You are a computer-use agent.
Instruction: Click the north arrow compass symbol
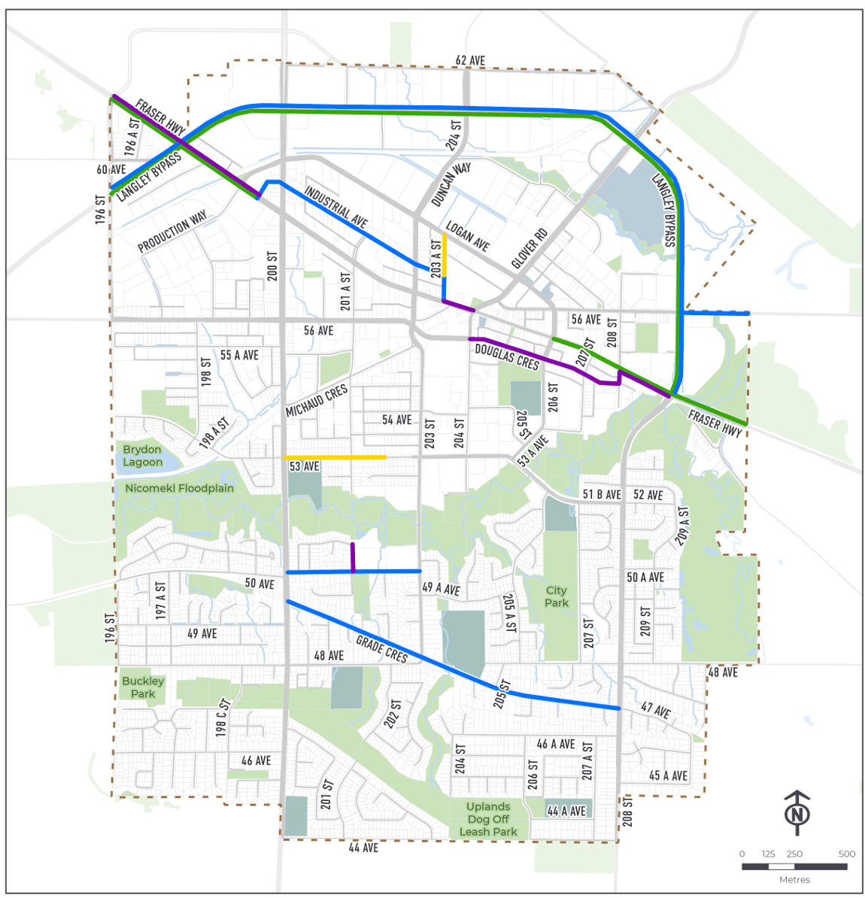click(x=797, y=813)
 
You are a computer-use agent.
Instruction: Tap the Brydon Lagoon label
click(x=142, y=456)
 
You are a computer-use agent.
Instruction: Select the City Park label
click(x=557, y=596)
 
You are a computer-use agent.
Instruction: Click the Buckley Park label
click(x=143, y=687)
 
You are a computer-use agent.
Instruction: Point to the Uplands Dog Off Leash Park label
click(x=488, y=819)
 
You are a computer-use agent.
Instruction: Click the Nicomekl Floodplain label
click(x=179, y=488)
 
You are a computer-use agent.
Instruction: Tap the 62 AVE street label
click(x=470, y=60)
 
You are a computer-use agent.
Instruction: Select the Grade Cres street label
click(x=381, y=649)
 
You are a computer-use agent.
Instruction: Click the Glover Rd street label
click(x=529, y=248)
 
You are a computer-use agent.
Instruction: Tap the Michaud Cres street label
click(x=317, y=400)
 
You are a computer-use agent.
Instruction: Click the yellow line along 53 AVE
click(x=335, y=457)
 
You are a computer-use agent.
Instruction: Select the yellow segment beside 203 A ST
click(x=445, y=256)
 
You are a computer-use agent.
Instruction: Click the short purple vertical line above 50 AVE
click(x=353, y=557)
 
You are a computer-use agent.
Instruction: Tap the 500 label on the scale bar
click(x=846, y=854)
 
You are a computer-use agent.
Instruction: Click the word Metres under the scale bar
click(x=794, y=879)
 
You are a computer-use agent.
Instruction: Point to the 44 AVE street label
click(x=363, y=848)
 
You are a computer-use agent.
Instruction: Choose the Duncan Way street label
click(x=451, y=185)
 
